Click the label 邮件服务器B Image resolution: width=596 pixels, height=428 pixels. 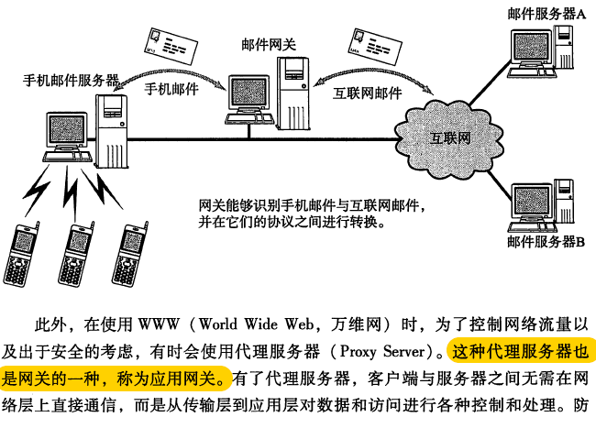[x=546, y=243]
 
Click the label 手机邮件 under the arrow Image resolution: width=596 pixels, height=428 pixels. [x=173, y=91]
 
